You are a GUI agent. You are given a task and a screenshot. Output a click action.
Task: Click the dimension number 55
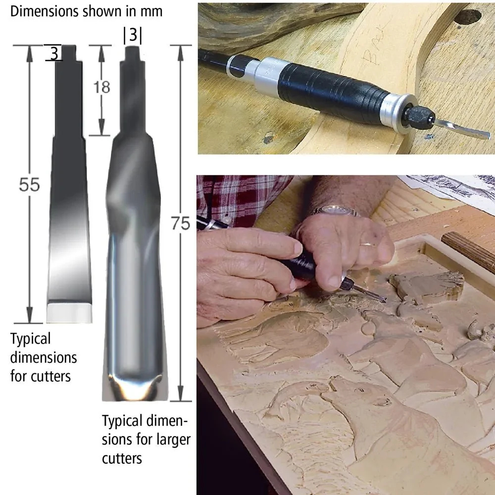[x=29, y=185]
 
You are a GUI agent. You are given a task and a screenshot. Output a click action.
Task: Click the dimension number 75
[x=181, y=223]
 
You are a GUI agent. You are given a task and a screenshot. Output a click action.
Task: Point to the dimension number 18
[x=101, y=87]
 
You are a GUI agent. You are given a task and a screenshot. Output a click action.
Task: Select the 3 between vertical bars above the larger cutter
[x=133, y=35]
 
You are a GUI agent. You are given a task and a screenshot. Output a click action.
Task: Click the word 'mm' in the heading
[x=151, y=12]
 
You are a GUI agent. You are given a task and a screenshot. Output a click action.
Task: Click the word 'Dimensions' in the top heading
[x=45, y=11]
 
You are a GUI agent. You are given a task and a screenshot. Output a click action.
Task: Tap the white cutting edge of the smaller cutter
[x=69, y=313]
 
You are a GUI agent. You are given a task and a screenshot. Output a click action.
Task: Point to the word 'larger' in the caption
[x=172, y=440]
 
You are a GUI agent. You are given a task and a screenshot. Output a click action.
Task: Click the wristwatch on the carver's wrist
[x=335, y=210]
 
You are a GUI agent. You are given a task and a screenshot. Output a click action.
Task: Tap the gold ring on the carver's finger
[x=368, y=244]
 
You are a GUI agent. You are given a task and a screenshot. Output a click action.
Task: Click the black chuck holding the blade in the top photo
[x=421, y=115]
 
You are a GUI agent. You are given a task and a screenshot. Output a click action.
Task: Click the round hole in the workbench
[x=468, y=17]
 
